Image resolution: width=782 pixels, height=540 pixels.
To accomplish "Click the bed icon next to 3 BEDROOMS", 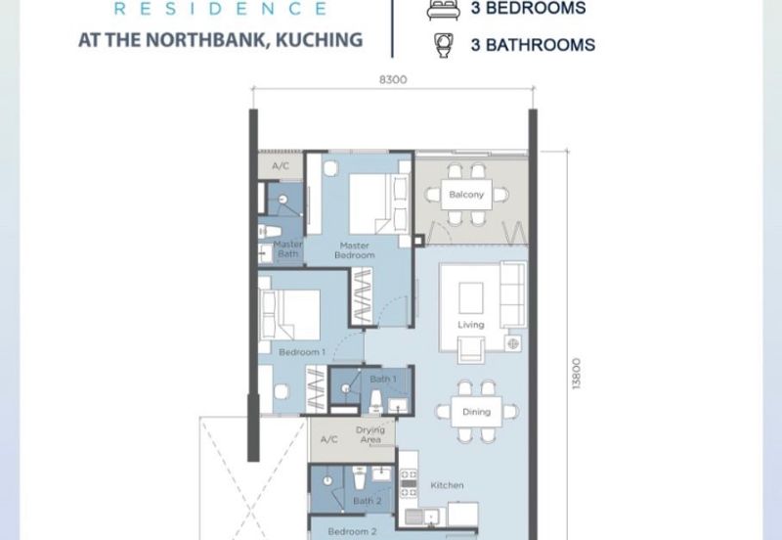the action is click(443, 10).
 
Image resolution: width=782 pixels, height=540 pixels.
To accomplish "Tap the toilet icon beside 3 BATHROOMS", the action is click(444, 45).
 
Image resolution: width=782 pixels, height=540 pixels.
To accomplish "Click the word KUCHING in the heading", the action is click(320, 40).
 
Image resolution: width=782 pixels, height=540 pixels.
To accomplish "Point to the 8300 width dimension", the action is click(393, 80).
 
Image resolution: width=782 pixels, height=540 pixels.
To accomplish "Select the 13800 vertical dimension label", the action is click(576, 374).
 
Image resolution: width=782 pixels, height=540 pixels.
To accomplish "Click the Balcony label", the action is click(466, 195).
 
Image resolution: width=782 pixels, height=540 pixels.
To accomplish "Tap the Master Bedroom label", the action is click(355, 250).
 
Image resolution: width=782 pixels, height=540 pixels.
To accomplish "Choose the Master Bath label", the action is click(287, 249).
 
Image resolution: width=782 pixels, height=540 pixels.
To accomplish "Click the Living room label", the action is click(471, 325).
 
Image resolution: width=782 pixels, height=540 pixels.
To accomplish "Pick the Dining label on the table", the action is click(476, 412).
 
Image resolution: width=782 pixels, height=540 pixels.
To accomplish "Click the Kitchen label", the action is click(447, 485).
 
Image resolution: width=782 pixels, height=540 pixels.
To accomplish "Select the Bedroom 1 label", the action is click(302, 352).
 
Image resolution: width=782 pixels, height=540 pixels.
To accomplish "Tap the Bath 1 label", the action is click(383, 380).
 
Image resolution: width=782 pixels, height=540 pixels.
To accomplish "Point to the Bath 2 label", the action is click(368, 501).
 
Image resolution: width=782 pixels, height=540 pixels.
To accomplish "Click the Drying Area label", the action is click(370, 434).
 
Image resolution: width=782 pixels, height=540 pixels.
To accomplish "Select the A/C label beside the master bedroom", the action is click(281, 165).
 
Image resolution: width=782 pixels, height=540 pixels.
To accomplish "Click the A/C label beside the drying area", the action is click(328, 439).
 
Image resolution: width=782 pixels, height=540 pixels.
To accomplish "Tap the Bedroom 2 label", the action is click(352, 532).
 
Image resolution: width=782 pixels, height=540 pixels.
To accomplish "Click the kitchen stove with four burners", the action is click(409, 483).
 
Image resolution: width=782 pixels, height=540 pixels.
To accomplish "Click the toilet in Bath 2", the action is click(360, 478).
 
